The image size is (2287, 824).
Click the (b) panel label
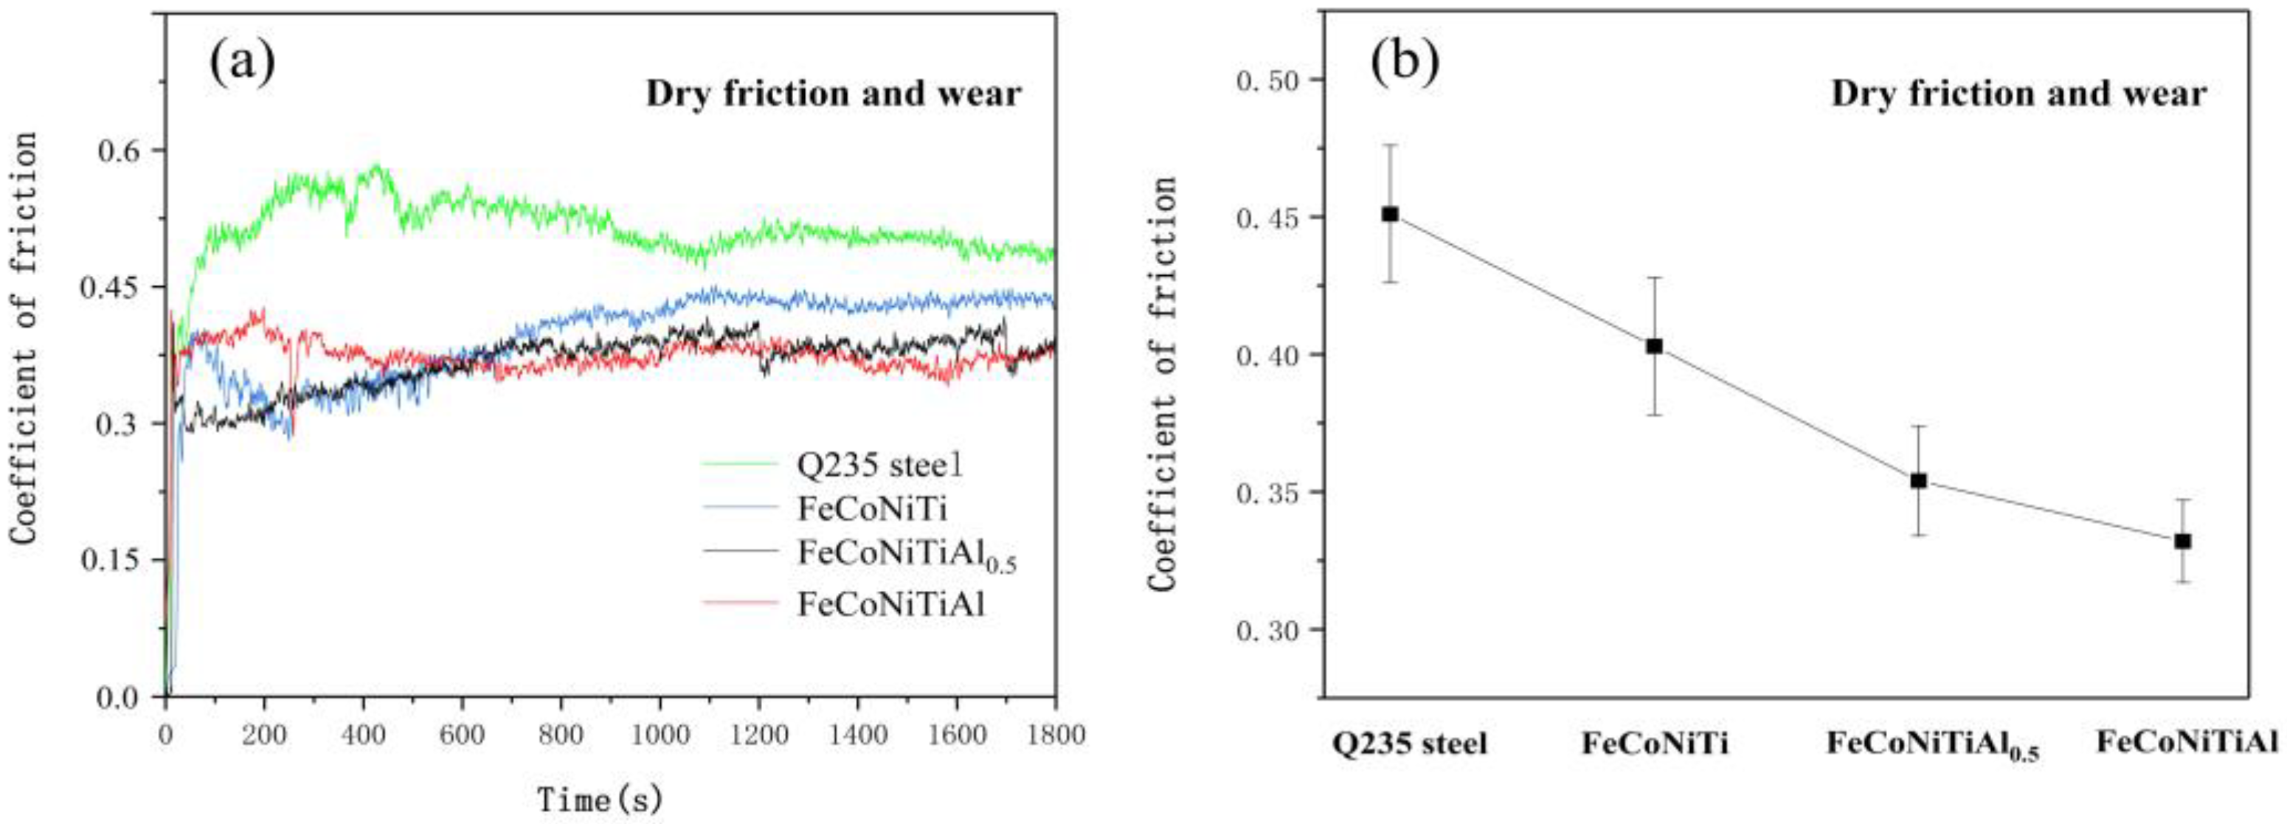pos(1405,61)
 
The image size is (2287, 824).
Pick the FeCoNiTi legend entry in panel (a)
pos(872,509)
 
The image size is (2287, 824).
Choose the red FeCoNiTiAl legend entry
pos(890,605)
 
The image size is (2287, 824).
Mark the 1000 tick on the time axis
pos(659,735)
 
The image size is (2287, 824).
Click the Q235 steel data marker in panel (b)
pos(1391,214)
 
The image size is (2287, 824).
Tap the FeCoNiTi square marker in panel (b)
pos(1654,346)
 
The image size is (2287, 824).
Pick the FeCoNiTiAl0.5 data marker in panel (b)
pos(1919,480)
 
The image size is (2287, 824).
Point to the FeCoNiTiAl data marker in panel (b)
pos(2183,541)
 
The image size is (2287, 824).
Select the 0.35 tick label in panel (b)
pos(1266,493)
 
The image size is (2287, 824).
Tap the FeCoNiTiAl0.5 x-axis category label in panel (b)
pos(1932,746)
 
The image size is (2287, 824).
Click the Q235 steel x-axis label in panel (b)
pos(1409,744)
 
